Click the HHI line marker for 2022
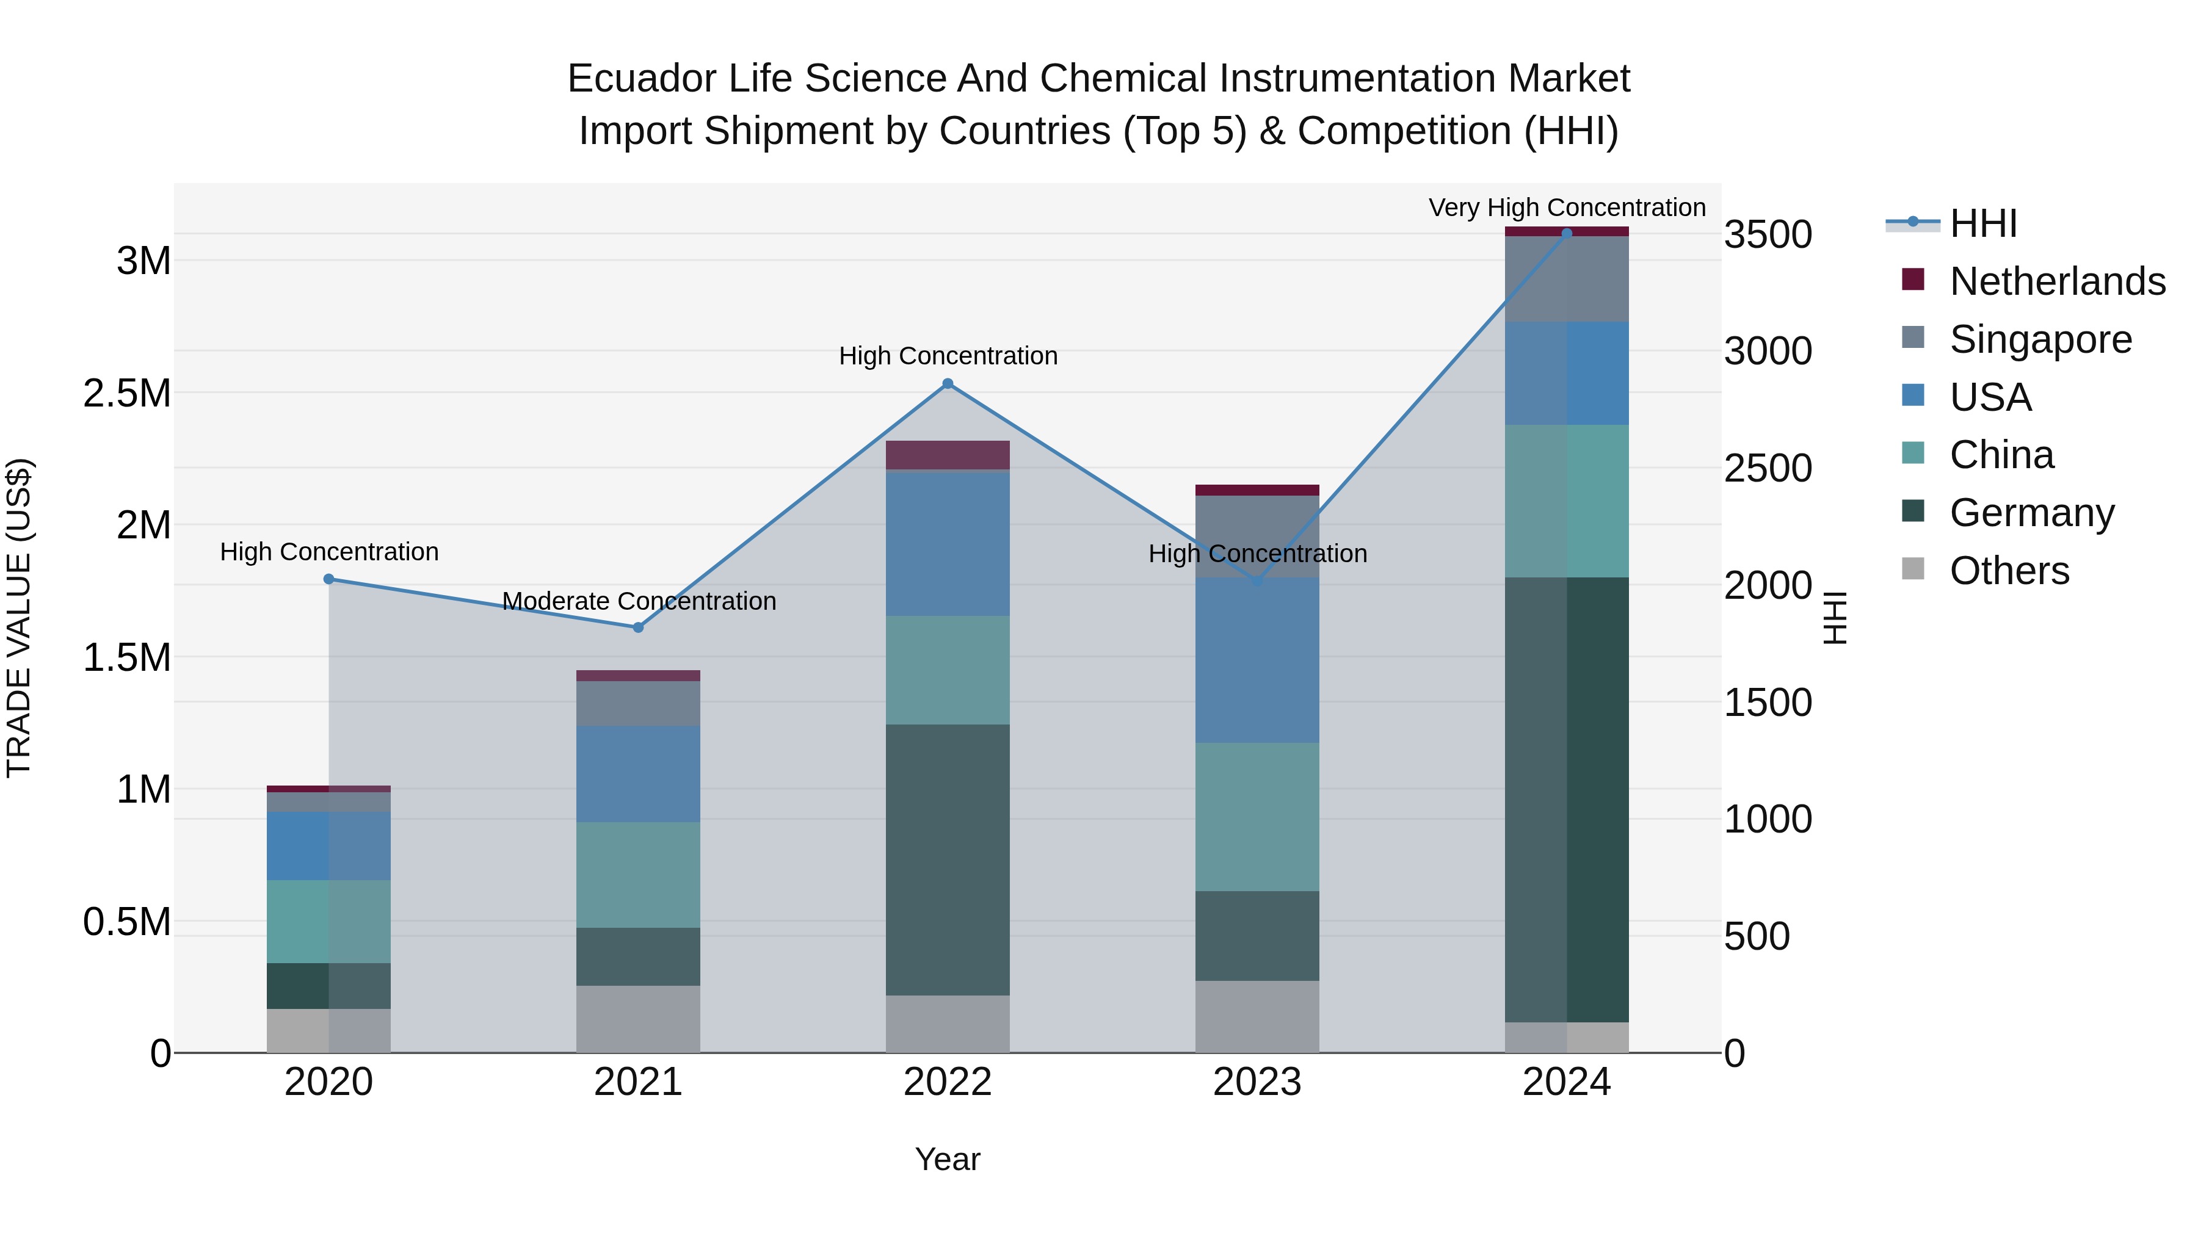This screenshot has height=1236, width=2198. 947,384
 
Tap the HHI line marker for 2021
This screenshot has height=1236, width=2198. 638,627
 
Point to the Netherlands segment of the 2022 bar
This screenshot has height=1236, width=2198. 947,455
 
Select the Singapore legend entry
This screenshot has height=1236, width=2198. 2040,339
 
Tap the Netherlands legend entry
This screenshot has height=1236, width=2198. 2056,281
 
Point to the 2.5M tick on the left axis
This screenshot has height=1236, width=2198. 126,393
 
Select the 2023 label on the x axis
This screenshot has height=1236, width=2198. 1257,1082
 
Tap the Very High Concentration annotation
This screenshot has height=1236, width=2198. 1567,208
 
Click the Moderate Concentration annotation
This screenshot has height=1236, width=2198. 638,601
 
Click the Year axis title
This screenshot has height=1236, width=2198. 947,1159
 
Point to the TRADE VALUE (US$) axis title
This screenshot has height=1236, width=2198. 19,618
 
